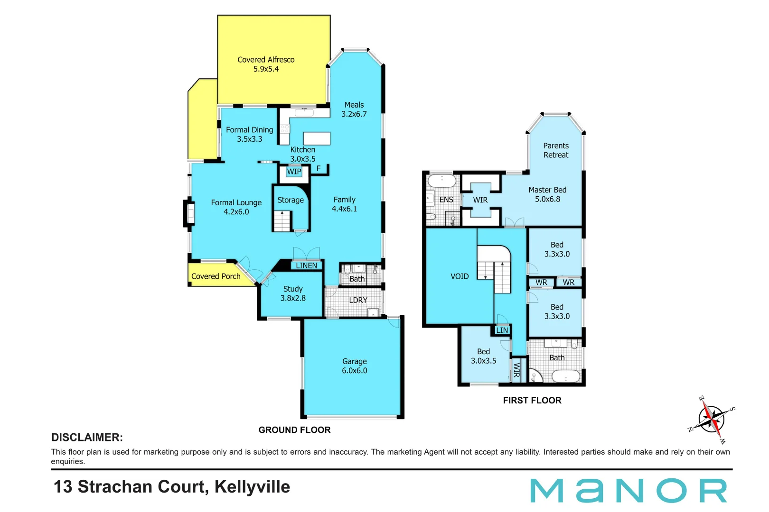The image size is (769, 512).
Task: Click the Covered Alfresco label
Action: [x=266, y=64]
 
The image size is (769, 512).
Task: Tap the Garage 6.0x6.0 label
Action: [x=355, y=366]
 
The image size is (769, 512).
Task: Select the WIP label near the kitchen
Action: [x=294, y=172]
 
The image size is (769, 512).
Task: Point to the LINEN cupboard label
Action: [x=306, y=265]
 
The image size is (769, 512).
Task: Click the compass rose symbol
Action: [x=713, y=419]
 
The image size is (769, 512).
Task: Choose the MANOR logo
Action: [x=628, y=491]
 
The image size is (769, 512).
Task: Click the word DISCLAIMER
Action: [x=87, y=438]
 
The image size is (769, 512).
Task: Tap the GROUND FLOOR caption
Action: [x=294, y=430]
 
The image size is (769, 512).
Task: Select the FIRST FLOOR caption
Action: [x=532, y=401]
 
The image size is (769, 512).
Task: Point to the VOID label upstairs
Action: [x=460, y=276]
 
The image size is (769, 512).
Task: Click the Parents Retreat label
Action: [x=556, y=150]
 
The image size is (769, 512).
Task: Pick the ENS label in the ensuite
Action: [x=446, y=200]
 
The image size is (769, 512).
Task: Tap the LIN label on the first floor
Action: [x=502, y=330]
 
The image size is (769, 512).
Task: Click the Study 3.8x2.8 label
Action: [x=293, y=293]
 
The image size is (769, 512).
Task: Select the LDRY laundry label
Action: [x=358, y=300]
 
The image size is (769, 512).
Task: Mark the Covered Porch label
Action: [x=216, y=276]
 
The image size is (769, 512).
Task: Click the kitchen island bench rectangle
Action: [x=317, y=138]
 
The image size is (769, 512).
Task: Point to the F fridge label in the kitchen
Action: [x=319, y=168]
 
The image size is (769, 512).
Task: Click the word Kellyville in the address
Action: [x=252, y=487]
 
